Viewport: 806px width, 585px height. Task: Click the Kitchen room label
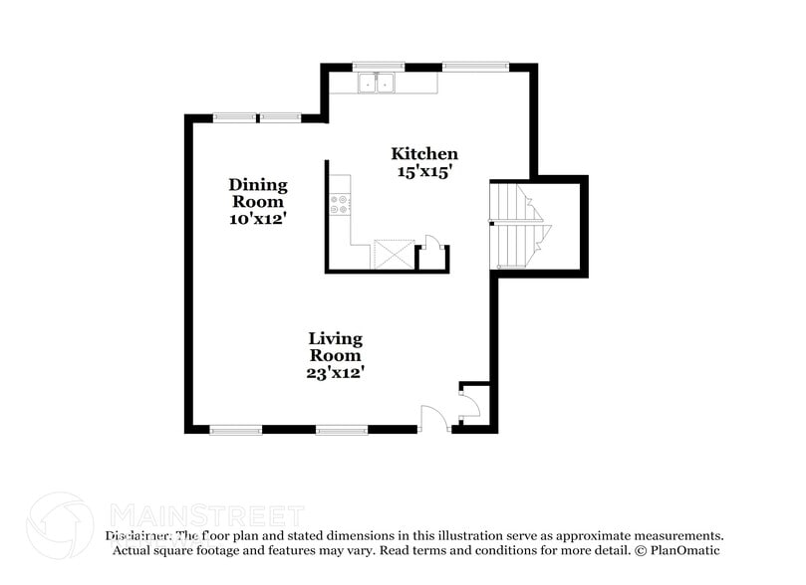pos(424,153)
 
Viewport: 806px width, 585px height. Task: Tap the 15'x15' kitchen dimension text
pos(424,171)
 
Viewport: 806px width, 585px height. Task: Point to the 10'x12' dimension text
pos(258,218)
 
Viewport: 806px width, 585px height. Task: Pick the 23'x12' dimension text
pos(335,373)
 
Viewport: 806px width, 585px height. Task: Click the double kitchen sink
pos(378,84)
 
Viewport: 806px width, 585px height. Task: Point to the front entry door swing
pos(434,418)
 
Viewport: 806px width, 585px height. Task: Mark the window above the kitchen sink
pos(378,67)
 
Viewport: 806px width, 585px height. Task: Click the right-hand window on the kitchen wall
pos(474,67)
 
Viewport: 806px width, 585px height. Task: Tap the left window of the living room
pos(236,430)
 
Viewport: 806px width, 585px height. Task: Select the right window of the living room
pos(342,430)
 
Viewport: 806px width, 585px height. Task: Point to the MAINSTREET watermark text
pos(206,516)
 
